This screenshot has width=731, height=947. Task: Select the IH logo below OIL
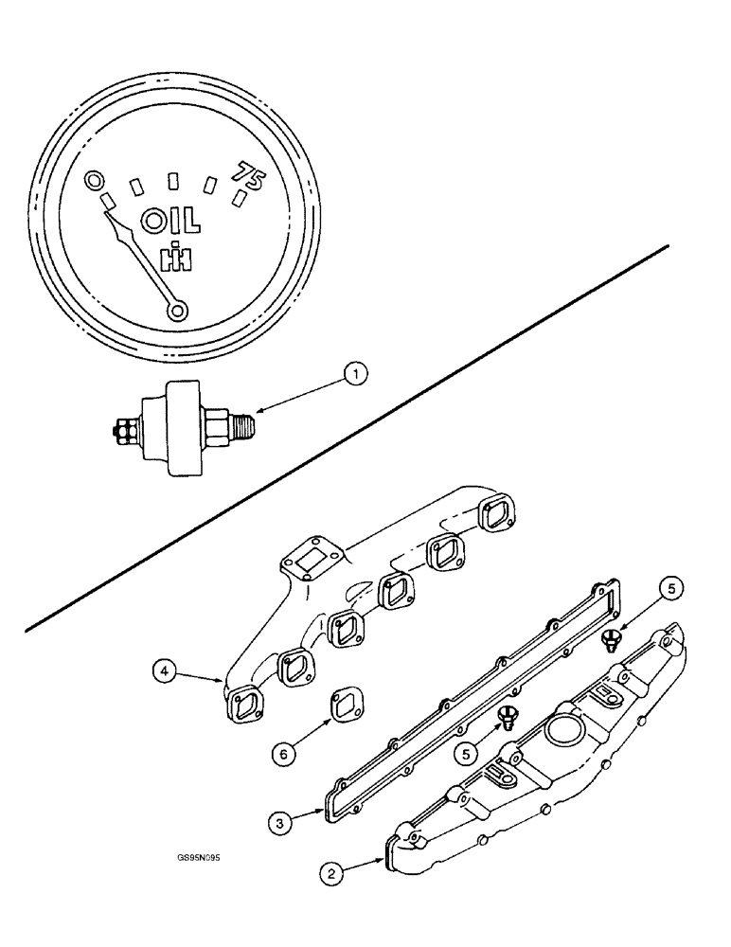pyautogui.click(x=173, y=258)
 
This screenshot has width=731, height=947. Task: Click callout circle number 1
pyautogui.click(x=355, y=377)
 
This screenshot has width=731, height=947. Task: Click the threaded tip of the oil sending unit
pyautogui.click(x=244, y=415)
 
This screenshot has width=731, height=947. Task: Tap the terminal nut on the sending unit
pyautogui.click(x=121, y=432)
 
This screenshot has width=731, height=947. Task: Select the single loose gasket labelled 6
pyautogui.click(x=343, y=706)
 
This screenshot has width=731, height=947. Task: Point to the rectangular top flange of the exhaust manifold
pyautogui.click(x=305, y=566)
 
